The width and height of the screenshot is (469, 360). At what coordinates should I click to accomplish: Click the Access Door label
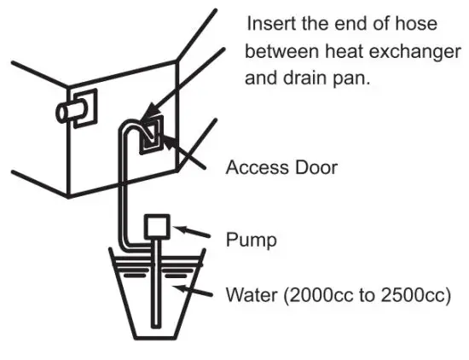pos(281,167)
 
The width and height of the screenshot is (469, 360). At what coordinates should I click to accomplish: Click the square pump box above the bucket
pos(159,226)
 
